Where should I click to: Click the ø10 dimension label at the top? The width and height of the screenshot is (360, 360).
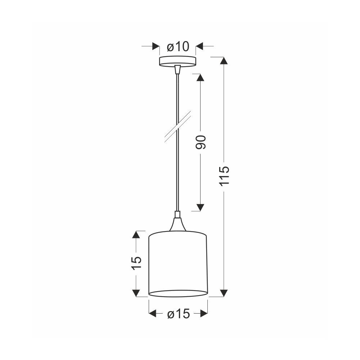click(178, 46)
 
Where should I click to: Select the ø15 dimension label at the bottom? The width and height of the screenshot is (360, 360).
click(179, 314)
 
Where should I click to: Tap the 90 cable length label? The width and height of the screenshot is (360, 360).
click(201, 142)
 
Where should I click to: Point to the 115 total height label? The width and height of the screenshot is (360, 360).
click(224, 176)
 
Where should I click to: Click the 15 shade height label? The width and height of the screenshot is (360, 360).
click(136, 263)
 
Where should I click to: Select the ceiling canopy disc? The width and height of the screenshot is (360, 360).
click(178, 62)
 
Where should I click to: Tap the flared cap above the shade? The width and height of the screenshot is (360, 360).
click(177, 224)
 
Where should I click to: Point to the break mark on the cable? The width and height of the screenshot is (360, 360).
click(178, 127)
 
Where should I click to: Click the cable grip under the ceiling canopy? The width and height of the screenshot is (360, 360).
click(177, 69)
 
